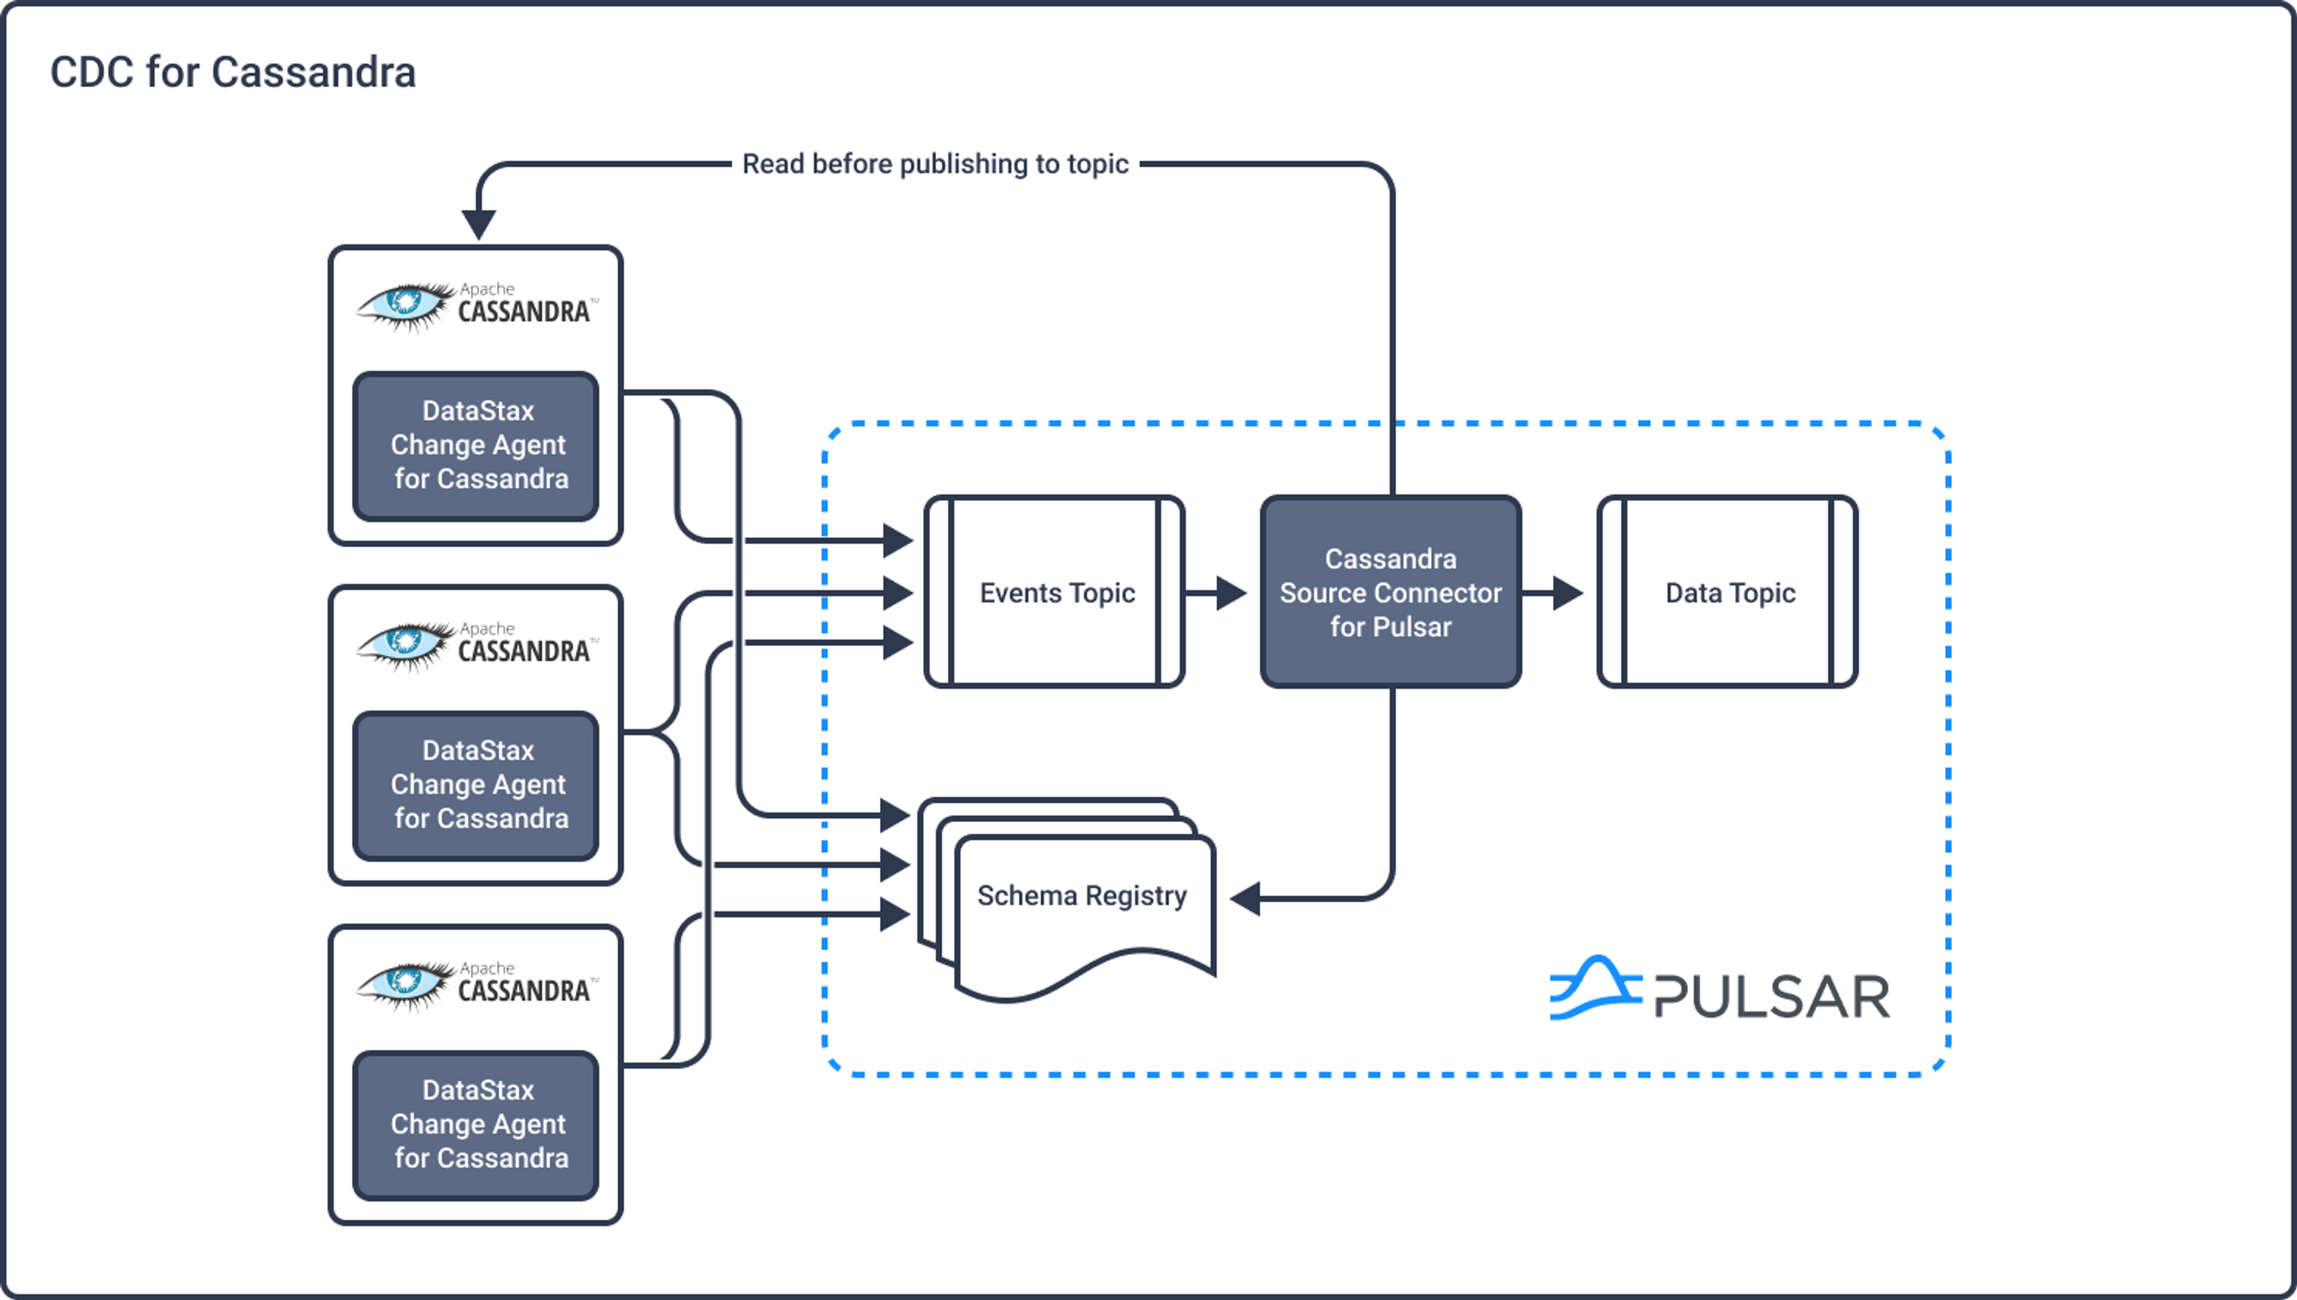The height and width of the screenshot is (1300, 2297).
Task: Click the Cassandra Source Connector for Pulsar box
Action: coord(1390,592)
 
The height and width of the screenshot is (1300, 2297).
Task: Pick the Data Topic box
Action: coord(1728,592)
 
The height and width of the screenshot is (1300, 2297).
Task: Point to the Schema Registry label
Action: coord(1082,896)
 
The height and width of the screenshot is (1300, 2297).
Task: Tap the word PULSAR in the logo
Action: coord(1772,997)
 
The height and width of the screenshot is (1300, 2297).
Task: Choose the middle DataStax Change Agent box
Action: coord(476,785)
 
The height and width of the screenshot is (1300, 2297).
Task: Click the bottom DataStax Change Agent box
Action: coord(476,1124)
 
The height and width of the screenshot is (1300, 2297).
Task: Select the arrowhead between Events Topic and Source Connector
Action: coord(1231,592)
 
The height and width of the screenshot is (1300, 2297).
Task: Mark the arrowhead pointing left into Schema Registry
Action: coord(1246,898)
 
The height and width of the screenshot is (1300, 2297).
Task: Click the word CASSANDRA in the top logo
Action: coord(524,312)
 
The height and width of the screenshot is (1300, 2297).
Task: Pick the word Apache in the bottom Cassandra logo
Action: coord(488,968)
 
